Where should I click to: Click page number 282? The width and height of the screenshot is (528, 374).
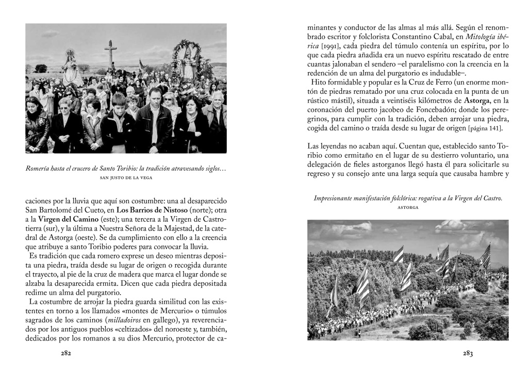click(x=65, y=353)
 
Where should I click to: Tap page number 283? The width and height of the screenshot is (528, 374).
click(x=468, y=353)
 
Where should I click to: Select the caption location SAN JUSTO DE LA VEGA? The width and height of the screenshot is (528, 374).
click(x=126, y=177)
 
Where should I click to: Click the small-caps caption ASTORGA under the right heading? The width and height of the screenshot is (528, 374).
click(x=408, y=207)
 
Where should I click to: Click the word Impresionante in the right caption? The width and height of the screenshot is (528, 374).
click(x=339, y=198)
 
